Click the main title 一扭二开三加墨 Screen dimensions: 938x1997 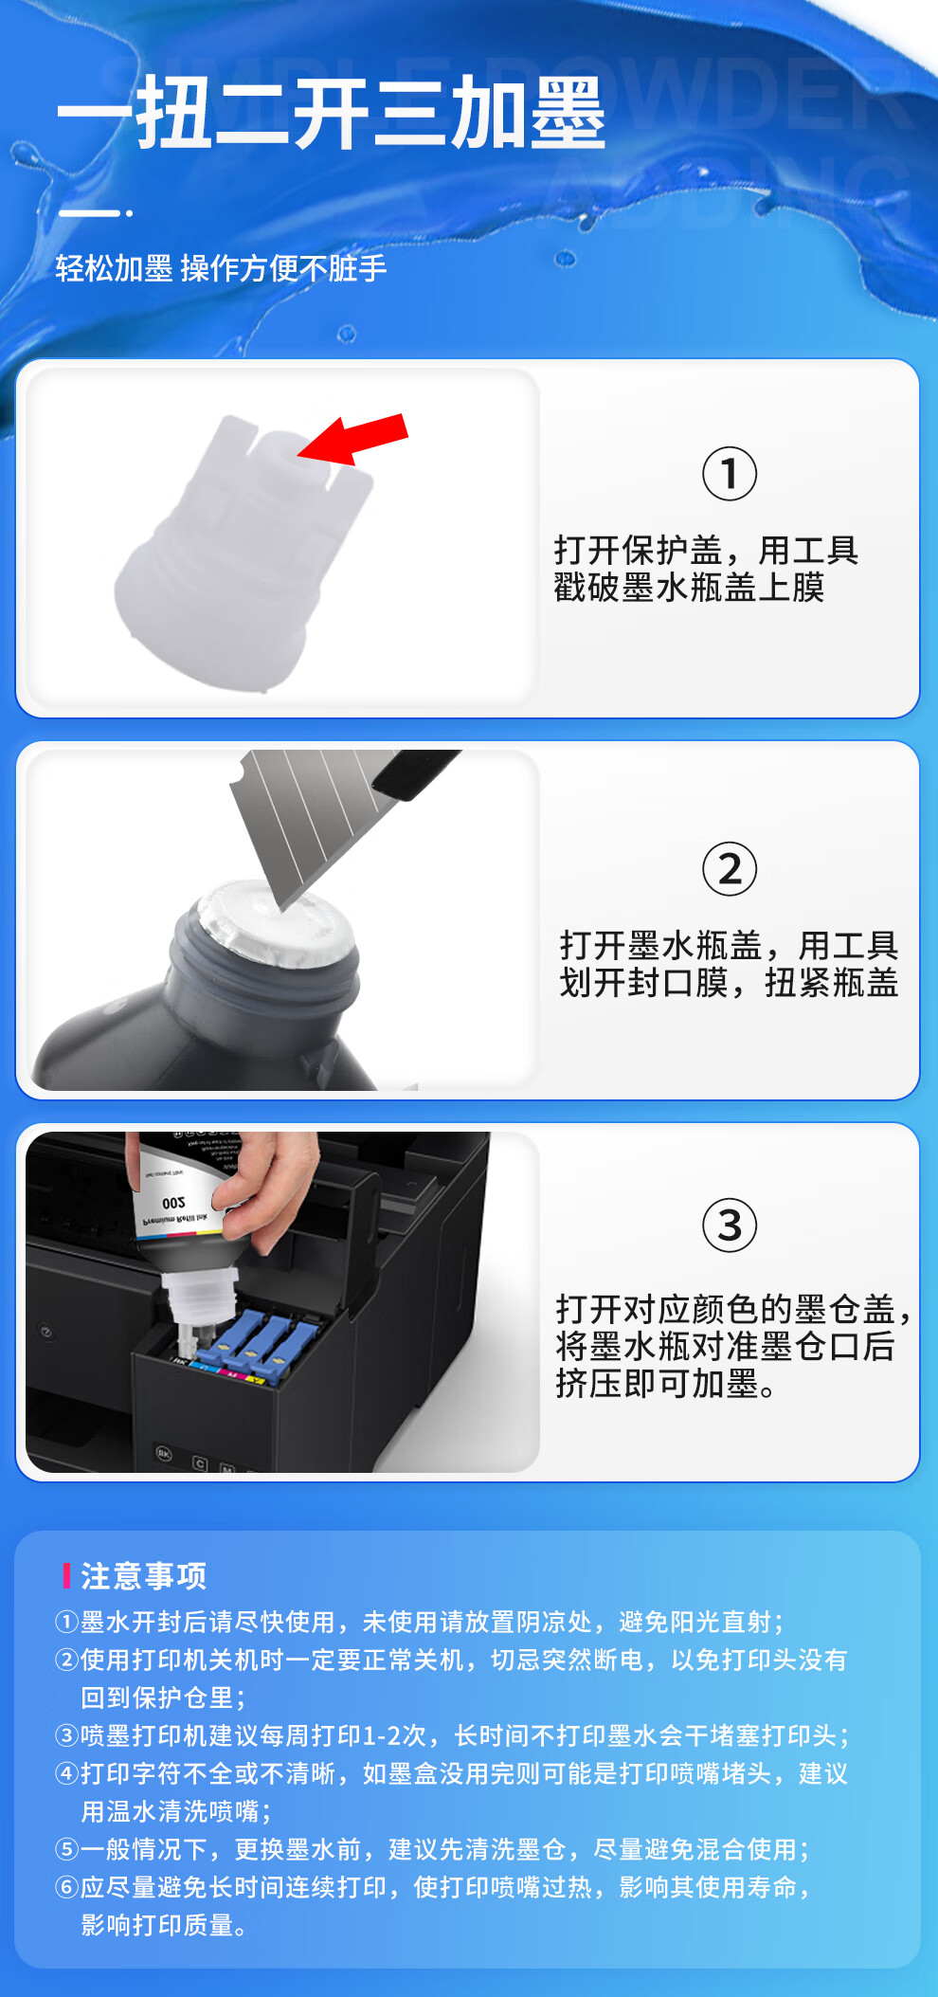(x=331, y=114)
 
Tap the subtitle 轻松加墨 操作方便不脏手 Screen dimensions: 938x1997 (x=221, y=268)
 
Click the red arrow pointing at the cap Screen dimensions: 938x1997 (x=353, y=439)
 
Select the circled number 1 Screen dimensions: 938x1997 (x=730, y=474)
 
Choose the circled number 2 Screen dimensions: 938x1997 (x=730, y=868)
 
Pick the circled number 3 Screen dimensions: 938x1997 (x=730, y=1225)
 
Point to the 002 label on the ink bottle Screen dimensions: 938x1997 (x=173, y=1203)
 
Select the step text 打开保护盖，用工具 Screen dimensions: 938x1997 (x=706, y=550)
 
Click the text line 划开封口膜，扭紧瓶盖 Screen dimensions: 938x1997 (x=729, y=982)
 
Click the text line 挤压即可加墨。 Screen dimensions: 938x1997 (x=667, y=1384)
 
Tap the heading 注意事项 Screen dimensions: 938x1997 (x=144, y=1575)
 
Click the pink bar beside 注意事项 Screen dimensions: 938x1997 (x=66, y=1575)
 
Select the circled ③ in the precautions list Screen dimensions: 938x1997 (x=66, y=1735)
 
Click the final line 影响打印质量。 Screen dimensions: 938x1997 (x=165, y=1925)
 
